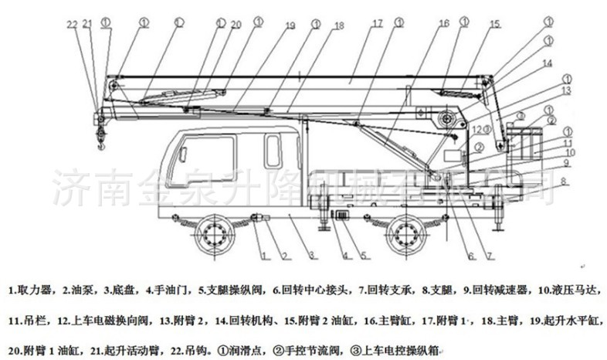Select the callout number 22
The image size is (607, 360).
point(72,25)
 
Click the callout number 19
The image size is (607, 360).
point(290,26)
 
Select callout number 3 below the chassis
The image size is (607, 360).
point(310,255)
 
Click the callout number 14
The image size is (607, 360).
point(546,63)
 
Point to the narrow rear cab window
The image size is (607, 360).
point(273,150)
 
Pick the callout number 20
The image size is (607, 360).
point(236,25)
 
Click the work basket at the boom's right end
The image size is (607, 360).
point(522,143)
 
